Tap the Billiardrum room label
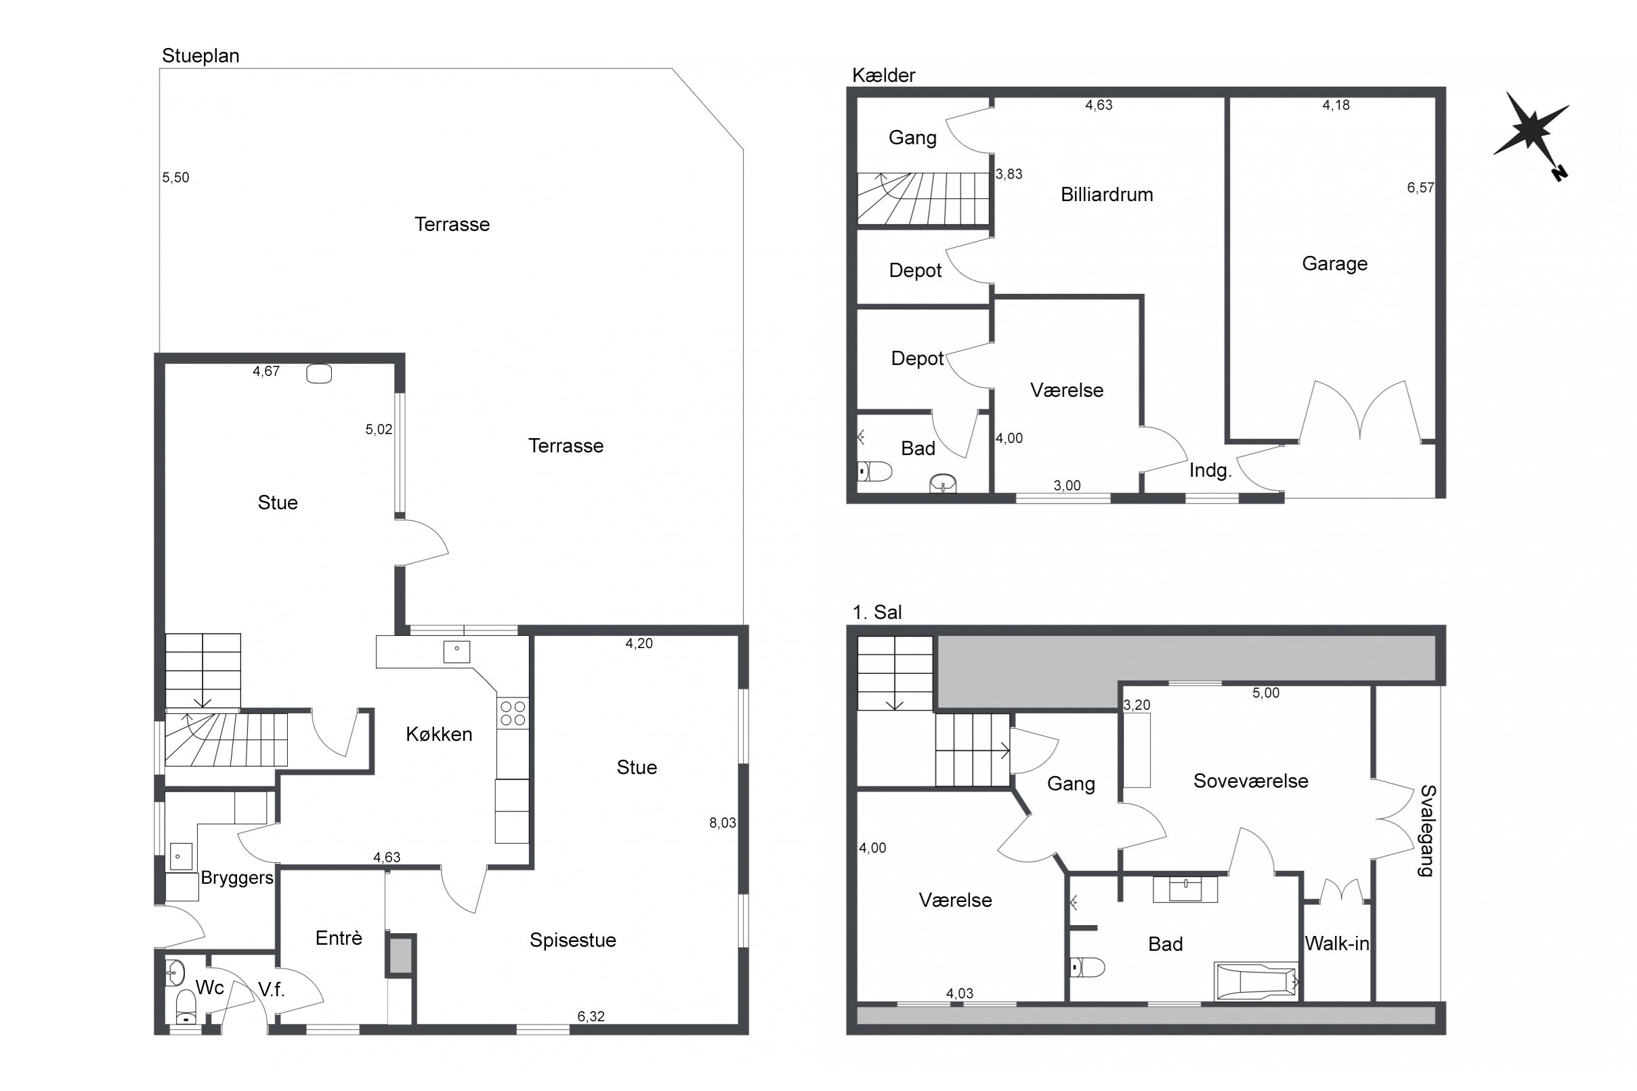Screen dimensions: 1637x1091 pos(1106,195)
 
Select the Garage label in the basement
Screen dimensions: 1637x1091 pos(1334,263)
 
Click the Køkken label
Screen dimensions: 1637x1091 pos(439,734)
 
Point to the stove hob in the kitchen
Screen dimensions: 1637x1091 pos(513,714)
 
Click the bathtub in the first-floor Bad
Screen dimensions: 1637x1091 pos(1256,983)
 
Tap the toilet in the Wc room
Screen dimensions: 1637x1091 pos(186,1008)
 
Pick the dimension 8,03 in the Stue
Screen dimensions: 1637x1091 pos(722,823)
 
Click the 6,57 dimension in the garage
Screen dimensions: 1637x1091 pos(1420,188)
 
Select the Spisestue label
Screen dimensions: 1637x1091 pos(572,940)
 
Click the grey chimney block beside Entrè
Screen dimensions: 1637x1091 pos(400,956)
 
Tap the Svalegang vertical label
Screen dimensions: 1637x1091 pos(1427,832)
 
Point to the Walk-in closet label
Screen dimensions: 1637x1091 pos(1336,943)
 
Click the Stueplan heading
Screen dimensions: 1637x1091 pos(200,56)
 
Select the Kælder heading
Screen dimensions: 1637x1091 pos(884,75)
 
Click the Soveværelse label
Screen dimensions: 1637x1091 pos(1250,781)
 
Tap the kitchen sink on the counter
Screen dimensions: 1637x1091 pos(456,652)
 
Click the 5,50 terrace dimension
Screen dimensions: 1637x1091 pos(175,178)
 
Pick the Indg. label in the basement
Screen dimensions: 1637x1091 pos(1210,471)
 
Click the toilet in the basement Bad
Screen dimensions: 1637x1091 pos(874,472)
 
